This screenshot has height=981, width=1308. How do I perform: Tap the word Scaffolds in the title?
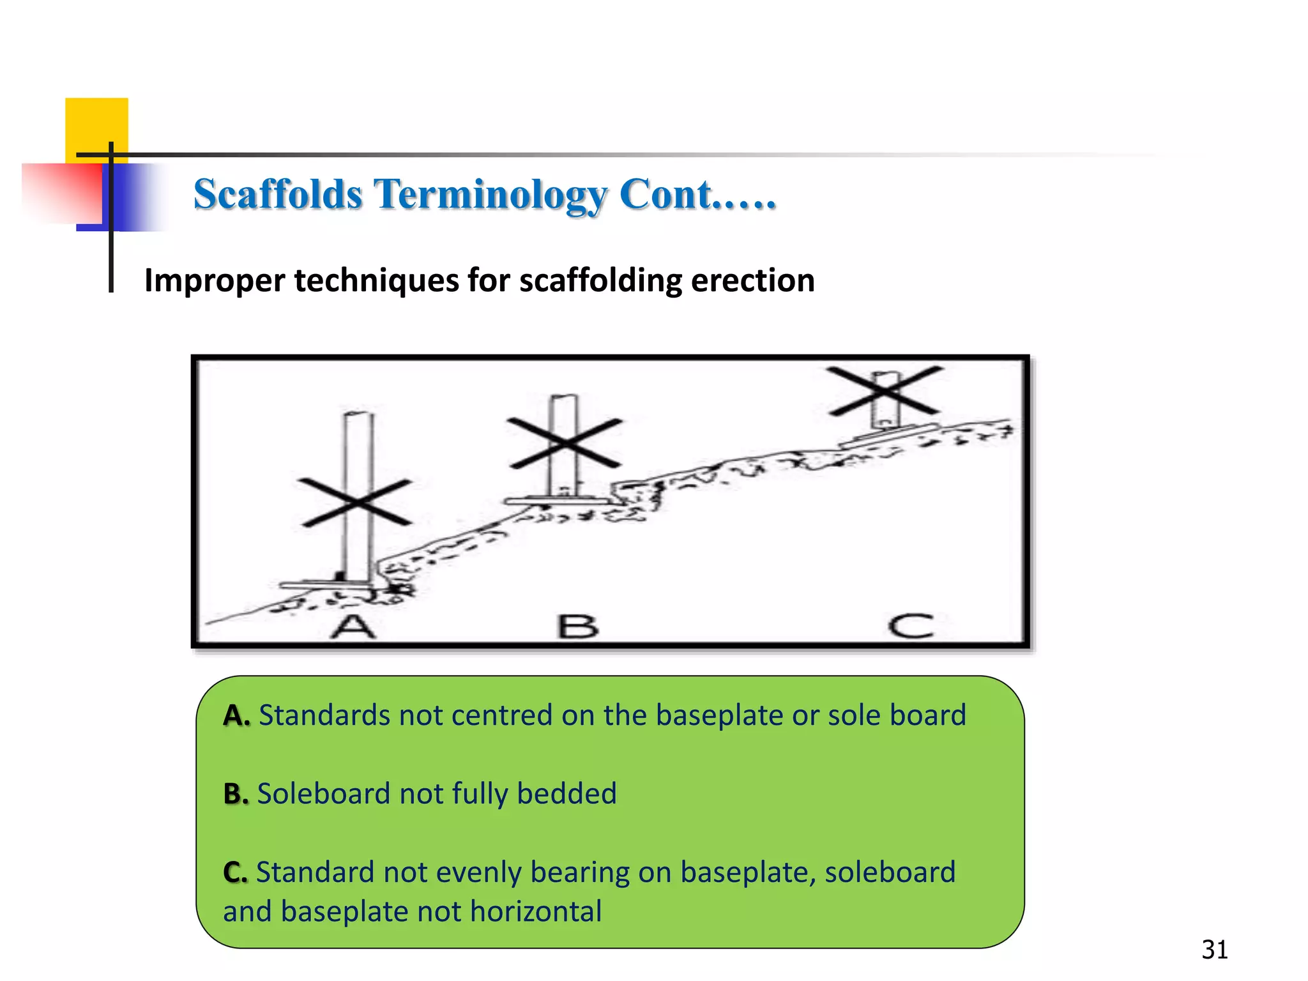click(x=278, y=194)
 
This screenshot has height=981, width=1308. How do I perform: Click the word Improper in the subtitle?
click(x=215, y=280)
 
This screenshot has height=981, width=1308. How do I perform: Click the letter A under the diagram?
click(x=352, y=627)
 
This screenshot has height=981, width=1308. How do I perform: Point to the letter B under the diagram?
click(x=578, y=627)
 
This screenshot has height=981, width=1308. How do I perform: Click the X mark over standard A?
click(x=355, y=503)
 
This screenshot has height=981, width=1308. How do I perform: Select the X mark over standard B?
click(x=565, y=443)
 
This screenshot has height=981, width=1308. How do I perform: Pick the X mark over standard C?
click(x=885, y=390)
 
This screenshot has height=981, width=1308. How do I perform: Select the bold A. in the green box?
click(x=236, y=716)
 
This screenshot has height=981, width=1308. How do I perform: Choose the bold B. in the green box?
click(x=236, y=794)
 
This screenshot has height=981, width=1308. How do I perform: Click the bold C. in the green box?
click(x=235, y=872)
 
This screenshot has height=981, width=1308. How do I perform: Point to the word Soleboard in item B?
click(x=323, y=794)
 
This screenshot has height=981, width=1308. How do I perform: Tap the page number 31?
click(x=1214, y=950)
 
